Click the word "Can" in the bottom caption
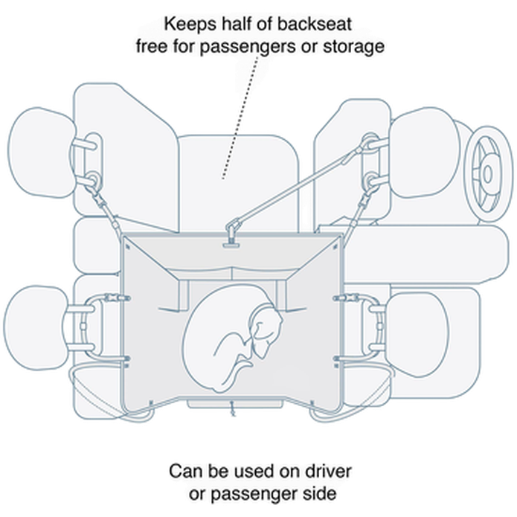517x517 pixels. [x=184, y=472]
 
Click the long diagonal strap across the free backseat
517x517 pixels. [x=298, y=186]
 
